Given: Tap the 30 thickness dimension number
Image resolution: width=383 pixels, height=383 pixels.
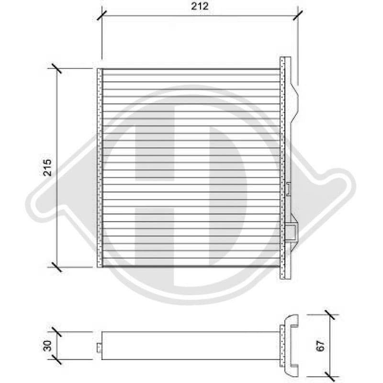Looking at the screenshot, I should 48,346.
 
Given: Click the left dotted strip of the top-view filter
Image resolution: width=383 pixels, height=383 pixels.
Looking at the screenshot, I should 100,168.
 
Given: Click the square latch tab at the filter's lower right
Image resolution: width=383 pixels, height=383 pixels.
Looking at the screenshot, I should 292,232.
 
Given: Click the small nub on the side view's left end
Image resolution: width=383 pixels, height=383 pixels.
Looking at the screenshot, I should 99,348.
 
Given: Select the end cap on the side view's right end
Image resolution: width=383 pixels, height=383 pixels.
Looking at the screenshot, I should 289,345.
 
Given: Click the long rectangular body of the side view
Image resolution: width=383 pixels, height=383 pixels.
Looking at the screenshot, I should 191,345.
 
